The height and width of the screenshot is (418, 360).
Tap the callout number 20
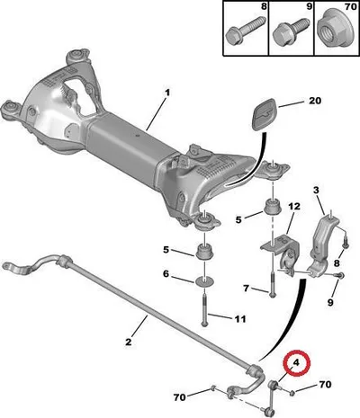coord(315,101)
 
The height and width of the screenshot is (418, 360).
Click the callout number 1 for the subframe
coord(167,93)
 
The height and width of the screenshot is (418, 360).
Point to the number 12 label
coord(294,207)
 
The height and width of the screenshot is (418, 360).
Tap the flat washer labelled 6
coord(205,281)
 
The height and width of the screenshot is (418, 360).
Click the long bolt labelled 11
coord(204,310)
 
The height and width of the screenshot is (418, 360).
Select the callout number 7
coord(246,289)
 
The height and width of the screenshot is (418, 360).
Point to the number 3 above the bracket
coord(316,190)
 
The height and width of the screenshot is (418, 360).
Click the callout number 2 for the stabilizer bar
coord(128,342)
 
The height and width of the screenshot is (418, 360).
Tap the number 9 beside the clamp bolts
coord(330,302)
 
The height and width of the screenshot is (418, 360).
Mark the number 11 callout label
coord(240,319)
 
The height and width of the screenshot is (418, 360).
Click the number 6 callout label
coord(166,274)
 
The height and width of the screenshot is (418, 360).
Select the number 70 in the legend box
coord(349,6)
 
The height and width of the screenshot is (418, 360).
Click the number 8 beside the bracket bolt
coord(337,263)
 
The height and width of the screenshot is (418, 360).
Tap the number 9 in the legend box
coord(309,6)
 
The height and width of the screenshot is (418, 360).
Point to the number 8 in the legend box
coord(264,6)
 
